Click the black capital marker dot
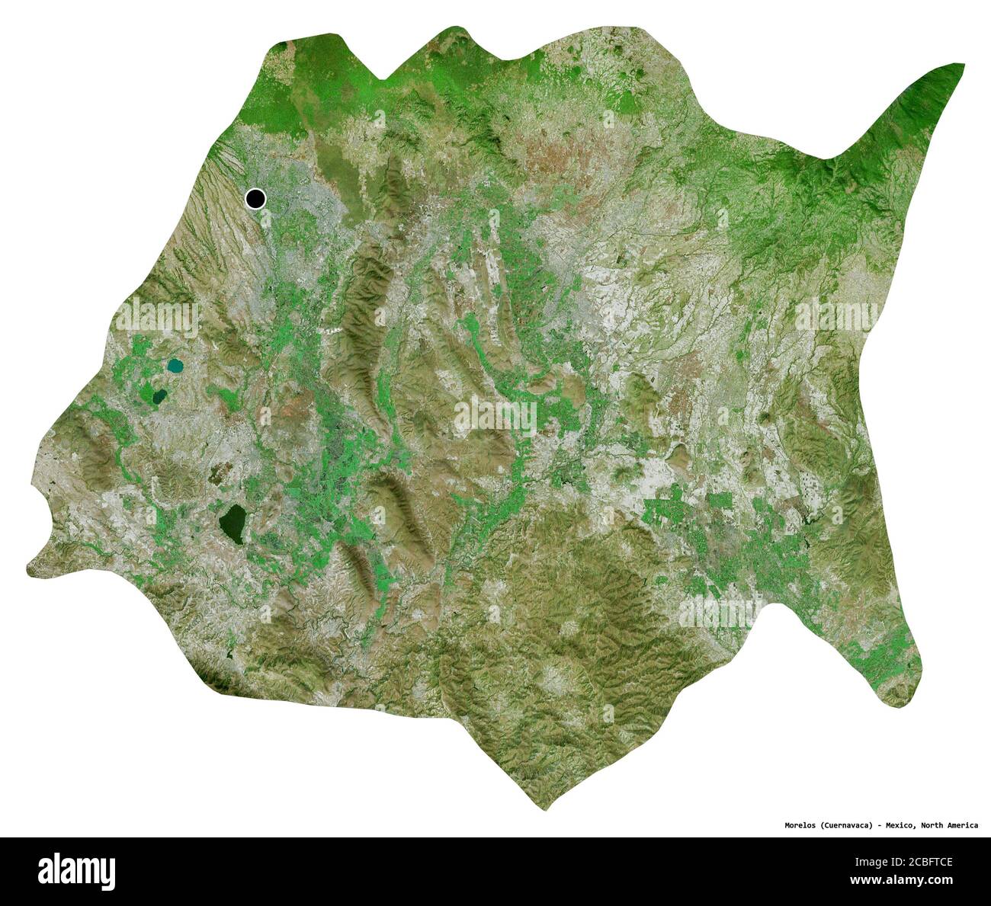pyautogui.click(x=255, y=199)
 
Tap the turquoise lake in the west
pyautogui.click(x=175, y=367)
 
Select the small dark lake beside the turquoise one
pyautogui.click(x=160, y=396)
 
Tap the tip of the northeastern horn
pyautogui.click(x=962, y=66)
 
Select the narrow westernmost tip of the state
pyautogui.click(x=29, y=566)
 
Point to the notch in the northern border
pyautogui.click(x=386, y=77)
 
